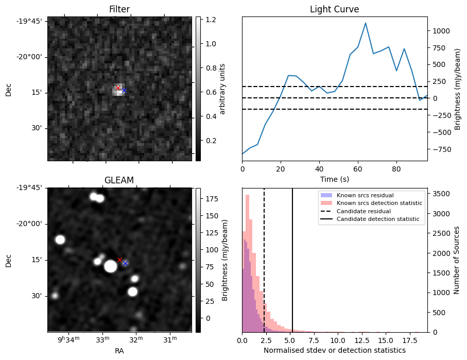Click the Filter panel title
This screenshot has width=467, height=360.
coord(119,10)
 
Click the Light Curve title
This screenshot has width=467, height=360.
coord(334,10)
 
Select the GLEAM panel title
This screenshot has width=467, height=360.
coord(119,180)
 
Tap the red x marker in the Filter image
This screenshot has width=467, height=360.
coord(118,88)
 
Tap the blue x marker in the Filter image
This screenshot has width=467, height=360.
coord(124,91)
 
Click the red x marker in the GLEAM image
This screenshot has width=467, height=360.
coord(119,260)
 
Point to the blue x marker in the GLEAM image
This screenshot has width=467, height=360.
coord(125,263)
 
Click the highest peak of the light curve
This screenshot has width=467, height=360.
coord(366,23)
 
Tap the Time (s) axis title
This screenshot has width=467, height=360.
coord(334,178)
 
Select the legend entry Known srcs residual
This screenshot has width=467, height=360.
coord(365,195)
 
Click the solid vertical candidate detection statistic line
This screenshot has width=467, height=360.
coord(292,258)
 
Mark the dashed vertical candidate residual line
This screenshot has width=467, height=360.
coord(264,258)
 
